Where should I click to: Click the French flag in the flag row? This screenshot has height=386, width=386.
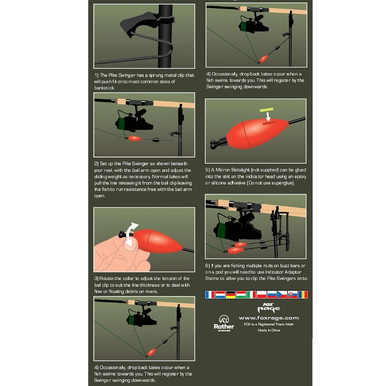pos(210,295)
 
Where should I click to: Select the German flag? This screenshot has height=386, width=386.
pos(231,295)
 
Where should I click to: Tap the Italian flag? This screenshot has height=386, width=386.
pos(251,295)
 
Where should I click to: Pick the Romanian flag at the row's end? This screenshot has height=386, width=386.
pos(303,295)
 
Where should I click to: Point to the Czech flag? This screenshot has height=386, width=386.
pos(283,295)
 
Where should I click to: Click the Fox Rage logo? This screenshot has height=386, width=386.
pos(269,308)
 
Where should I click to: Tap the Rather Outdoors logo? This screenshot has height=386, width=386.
pos(224,323)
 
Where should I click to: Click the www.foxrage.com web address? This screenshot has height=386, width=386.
pos(269,318)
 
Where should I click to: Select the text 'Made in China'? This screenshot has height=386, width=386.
pos(269,330)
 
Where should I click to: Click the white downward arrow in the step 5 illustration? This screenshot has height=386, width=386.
pos(268,117)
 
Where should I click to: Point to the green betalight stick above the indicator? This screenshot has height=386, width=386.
pos(266,110)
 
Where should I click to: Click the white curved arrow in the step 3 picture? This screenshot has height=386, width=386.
pos(131,234)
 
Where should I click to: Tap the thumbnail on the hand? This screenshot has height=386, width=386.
pos(129,245)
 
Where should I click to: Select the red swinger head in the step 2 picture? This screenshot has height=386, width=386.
pos(134,138)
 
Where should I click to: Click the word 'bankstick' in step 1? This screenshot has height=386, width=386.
pos(104,88)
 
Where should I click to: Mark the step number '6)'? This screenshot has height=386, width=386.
pos(207,266)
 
